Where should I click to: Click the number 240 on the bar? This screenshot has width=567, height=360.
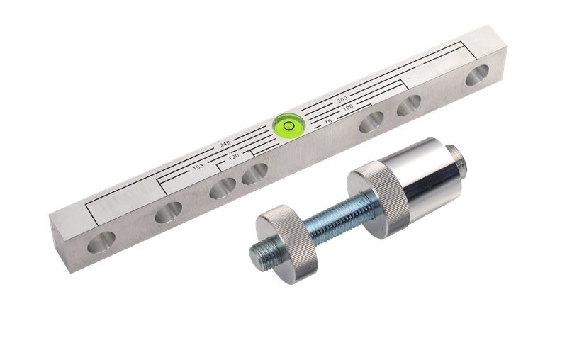(225, 144)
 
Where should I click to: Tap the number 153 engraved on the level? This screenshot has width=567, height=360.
(198, 167)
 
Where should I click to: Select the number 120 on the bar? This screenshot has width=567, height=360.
(234, 157)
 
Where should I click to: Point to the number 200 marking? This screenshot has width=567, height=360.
(342, 99)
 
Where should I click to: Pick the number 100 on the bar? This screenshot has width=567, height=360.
(347, 107)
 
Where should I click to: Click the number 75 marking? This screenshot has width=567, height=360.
(328, 122)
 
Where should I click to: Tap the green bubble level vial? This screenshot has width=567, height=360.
(289, 125)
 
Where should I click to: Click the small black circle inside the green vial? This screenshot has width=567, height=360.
(289, 125)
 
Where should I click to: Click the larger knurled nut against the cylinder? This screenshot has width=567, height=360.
(378, 200)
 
